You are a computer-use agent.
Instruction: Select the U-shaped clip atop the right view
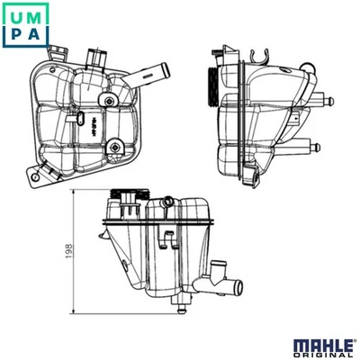coord(261,54)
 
